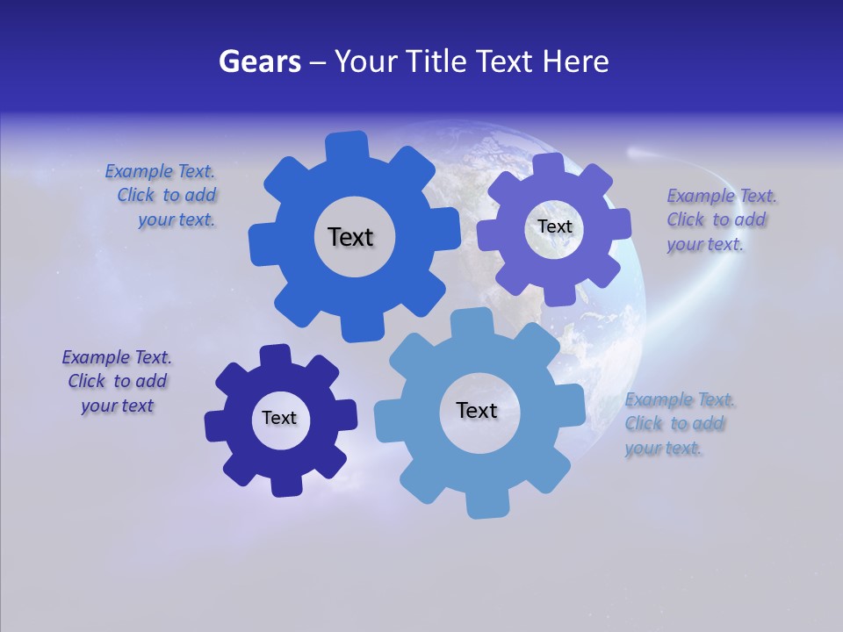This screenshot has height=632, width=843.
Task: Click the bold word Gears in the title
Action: click(x=260, y=61)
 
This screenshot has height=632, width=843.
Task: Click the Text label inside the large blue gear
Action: click(x=350, y=237)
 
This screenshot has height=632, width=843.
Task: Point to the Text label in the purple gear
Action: click(x=554, y=226)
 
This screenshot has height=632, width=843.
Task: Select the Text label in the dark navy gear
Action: click(x=279, y=418)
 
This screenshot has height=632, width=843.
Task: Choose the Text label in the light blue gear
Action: click(x=477, y=410)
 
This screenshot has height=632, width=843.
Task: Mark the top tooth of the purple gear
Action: click(x=547, y=165)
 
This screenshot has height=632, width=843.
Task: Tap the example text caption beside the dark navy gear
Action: click(x=118, y=382)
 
